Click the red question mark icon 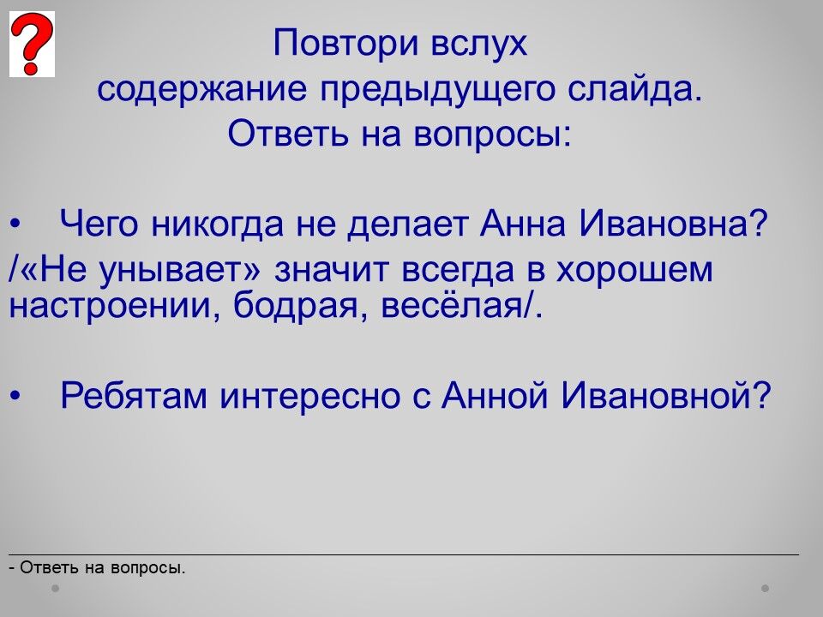32,44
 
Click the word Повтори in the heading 345,44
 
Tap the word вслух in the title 478,44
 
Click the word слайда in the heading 628,88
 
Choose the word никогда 217,224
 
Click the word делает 408,224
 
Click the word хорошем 634,270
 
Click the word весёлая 452,304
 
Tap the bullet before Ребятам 16,396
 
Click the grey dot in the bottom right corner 766,588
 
